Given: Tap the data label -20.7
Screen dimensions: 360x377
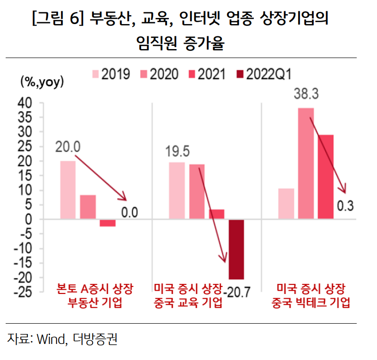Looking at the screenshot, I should [x=239, y=292].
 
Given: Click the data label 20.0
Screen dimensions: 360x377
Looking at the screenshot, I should [x=67, y=147].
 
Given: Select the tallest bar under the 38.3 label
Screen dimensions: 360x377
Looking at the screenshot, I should [x=306, y=163].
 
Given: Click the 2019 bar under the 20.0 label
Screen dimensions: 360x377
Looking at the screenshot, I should [x=67, y=190].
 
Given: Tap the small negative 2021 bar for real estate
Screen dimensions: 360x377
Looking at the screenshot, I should [x=108, y=223].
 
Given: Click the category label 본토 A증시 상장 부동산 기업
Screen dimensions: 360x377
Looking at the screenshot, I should [x=94, y=295].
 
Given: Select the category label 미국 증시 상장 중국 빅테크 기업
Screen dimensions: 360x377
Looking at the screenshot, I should [x=311, y=295].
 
